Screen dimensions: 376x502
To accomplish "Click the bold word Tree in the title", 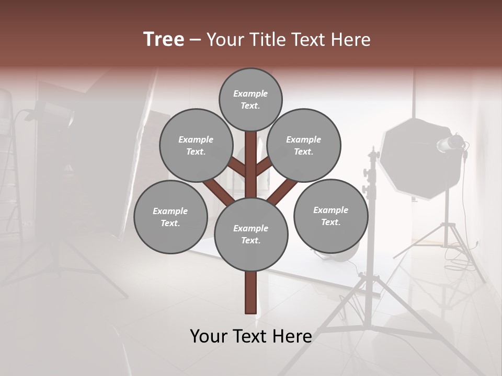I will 164,40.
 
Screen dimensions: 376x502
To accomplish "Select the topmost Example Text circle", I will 250,99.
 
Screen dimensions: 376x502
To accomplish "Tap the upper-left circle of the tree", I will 196,145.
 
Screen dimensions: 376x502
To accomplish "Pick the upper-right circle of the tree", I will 304,145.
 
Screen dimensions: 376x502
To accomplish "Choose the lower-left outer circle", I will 170,217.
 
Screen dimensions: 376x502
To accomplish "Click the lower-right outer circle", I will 330,216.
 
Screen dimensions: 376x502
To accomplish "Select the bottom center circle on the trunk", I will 251,234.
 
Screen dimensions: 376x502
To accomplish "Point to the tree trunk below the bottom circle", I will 251,292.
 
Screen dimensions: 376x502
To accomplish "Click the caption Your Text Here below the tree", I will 251,336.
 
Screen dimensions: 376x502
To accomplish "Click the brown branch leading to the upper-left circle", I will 236,167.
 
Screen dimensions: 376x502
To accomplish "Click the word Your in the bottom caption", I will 209,336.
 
